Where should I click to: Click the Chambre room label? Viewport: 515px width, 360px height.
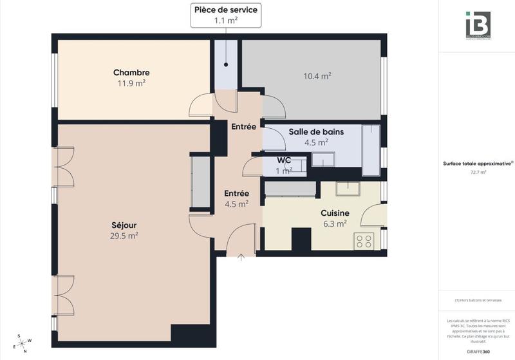tap(131, 72)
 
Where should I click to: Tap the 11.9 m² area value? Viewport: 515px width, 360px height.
tap(131, 83)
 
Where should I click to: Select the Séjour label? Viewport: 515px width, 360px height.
tap(124, 225)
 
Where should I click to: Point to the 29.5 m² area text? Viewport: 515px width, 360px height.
tap(124, 236)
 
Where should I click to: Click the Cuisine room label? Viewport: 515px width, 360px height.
tap(335, 213)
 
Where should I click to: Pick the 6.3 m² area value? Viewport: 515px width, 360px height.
tap(335, 224)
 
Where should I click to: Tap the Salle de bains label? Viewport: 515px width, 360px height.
tap(315, 131)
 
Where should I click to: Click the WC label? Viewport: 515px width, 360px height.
tap(284, 160)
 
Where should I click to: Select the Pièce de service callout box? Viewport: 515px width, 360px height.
tap(226, 15)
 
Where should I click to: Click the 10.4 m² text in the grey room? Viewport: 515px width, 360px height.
tap(317, 76)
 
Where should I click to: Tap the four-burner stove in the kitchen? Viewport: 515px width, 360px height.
tap(364, 241)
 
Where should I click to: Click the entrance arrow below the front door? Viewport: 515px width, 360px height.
tap(241, 258)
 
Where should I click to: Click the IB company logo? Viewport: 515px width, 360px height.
tap(478, 25)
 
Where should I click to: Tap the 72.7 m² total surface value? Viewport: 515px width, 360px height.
tap(478, 172)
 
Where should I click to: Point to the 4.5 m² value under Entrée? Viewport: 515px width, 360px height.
tap(236, 204)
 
